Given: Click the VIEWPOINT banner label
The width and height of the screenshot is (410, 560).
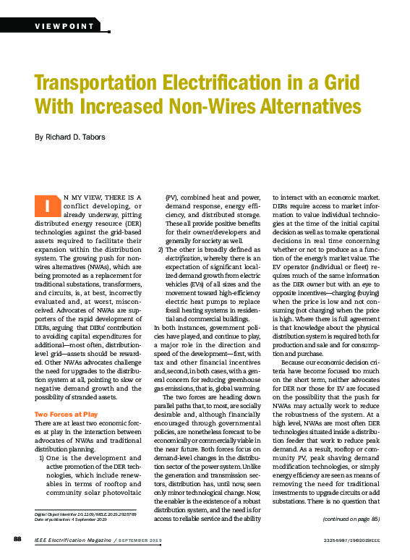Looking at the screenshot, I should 65,26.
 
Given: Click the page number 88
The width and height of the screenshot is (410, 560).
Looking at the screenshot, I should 18,539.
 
